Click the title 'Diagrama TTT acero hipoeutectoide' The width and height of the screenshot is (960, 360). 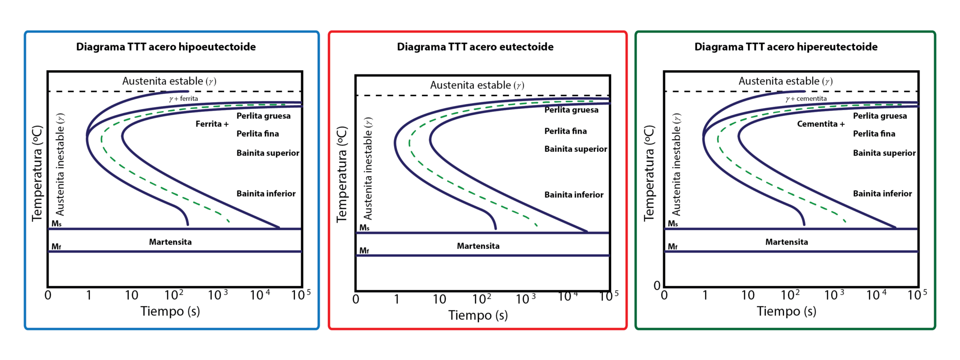166,47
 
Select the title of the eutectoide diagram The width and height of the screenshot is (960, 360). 475,47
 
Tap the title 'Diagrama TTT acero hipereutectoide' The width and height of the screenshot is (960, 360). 786,47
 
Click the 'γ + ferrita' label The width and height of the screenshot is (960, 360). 183,98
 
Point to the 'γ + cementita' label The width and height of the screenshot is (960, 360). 806,98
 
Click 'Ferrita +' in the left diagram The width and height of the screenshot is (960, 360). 212,124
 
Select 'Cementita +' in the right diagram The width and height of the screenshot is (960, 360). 821,124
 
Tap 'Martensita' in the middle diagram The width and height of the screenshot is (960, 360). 478,246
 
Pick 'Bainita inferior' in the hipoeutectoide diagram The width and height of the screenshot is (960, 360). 266,194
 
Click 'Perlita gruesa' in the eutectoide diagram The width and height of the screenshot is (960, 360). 571,110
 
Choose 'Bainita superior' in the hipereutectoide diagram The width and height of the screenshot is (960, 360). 884,153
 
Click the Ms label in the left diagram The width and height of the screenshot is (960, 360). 56,224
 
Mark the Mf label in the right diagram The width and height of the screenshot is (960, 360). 672,247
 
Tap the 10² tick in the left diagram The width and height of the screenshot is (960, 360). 174,295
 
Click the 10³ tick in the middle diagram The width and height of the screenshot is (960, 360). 525,299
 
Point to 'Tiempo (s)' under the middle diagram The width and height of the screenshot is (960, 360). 478,315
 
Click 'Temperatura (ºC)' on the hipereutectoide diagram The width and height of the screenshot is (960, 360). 649,173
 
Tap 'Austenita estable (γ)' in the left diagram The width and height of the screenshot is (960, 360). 169,81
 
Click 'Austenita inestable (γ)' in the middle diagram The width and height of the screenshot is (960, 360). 368,168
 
